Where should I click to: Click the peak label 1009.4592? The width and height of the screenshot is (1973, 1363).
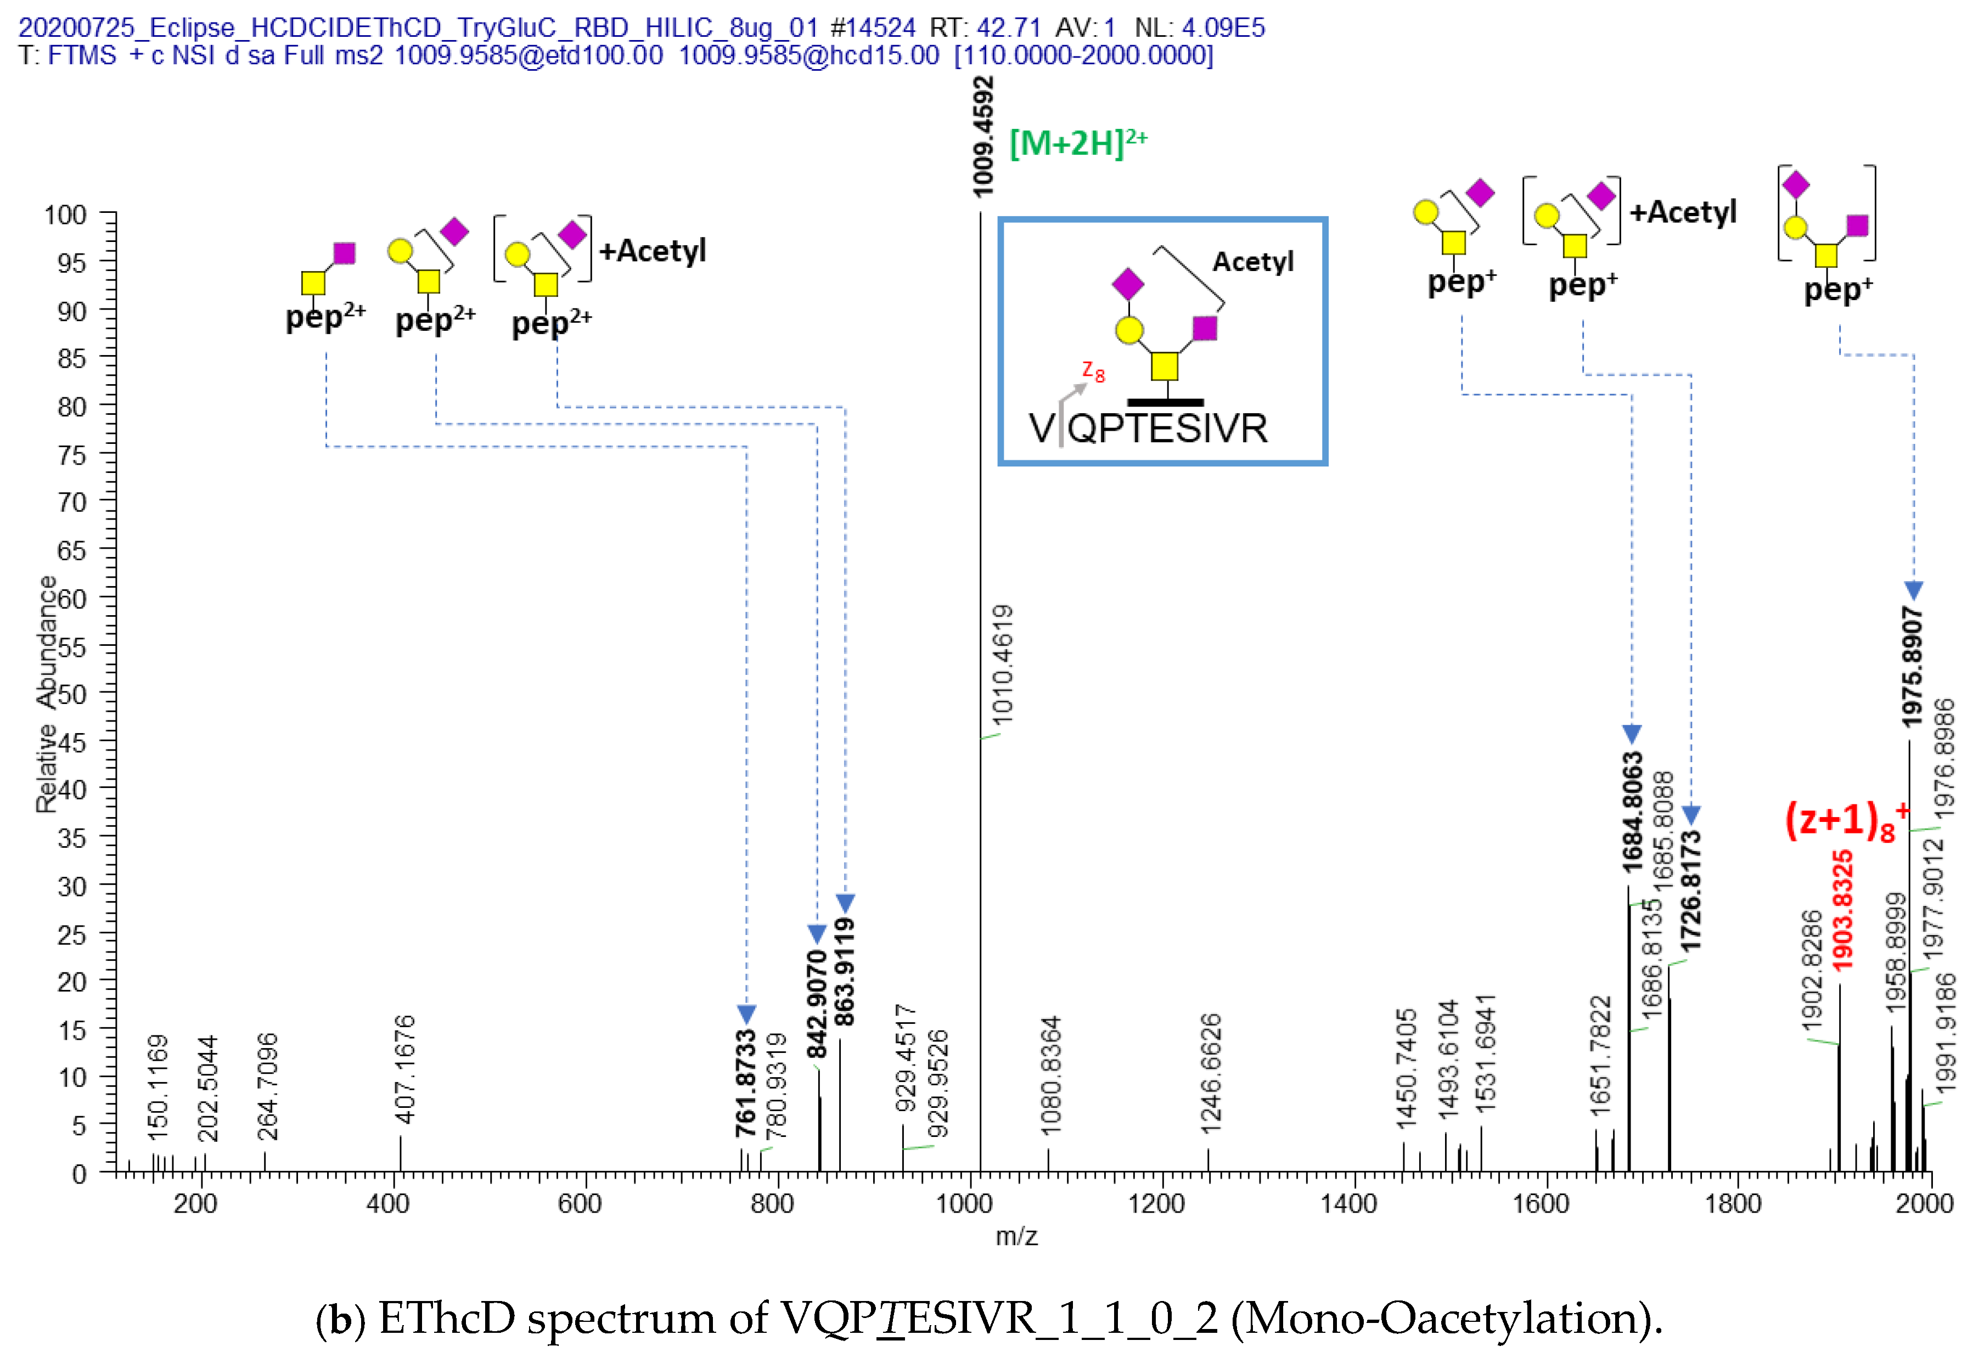[983, 137]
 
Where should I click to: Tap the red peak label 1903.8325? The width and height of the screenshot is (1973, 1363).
[1842, 910]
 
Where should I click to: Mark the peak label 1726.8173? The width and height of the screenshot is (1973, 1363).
[1690, 891]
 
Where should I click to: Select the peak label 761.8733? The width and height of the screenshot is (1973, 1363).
[746, 1083]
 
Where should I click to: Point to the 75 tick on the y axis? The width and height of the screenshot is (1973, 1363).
[72, 454]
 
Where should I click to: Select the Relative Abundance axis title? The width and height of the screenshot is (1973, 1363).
[47, 694]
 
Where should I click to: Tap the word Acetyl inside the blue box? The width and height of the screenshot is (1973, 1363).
[1252, 261]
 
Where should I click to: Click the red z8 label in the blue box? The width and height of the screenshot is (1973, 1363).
[1092, 371]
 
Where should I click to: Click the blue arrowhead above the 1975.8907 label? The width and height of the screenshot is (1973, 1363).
[1913, 590]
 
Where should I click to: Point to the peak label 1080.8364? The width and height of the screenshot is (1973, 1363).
[1050, 1075]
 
